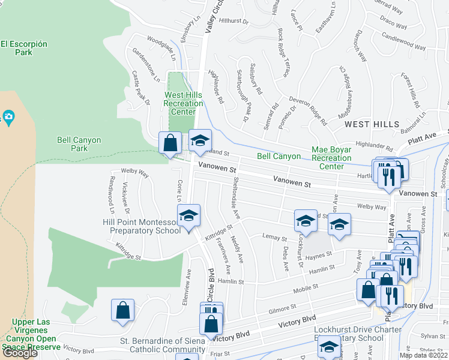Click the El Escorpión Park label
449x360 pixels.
click(24, 48)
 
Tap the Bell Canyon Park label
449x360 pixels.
click(79, 144)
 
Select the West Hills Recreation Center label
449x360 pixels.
click(184, 103)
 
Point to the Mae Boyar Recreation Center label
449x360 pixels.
click(331, 158)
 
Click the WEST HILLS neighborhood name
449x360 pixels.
click(372, 124)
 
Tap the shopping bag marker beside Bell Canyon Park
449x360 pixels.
click(170, 143)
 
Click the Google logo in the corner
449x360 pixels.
click(20, 353)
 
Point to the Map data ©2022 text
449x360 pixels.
click(423, 355)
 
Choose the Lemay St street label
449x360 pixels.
click(276, 238)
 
